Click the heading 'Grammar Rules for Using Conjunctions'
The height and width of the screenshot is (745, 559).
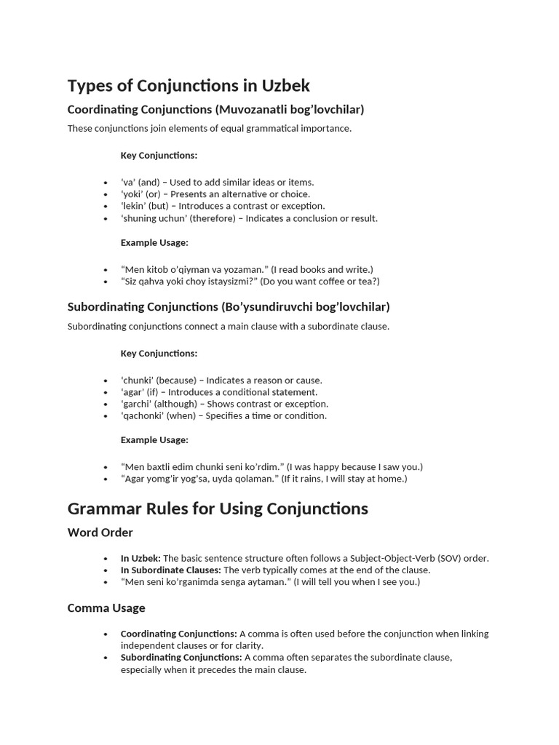[218, 508]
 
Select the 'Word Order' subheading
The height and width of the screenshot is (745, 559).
[100, 533]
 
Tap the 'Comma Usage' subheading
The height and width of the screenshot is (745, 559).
[106, 607]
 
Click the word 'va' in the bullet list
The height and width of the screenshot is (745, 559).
[128, 182]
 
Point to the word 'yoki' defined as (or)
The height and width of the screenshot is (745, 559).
[132, 194]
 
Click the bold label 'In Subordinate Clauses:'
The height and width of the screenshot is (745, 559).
[171, 570]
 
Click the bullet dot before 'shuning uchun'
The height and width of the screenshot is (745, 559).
[106, 218]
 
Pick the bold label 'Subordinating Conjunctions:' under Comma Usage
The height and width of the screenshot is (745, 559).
[181, 657]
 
